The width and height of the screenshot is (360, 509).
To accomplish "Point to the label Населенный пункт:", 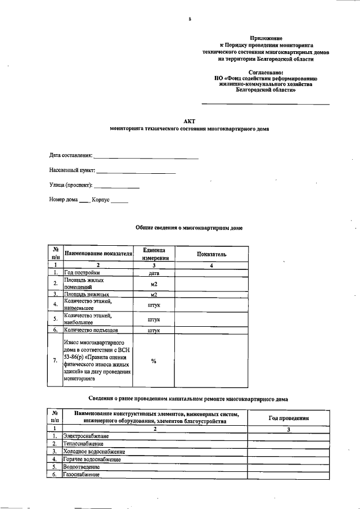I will coord(72,170).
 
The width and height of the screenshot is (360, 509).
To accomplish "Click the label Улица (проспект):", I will coord(70,185).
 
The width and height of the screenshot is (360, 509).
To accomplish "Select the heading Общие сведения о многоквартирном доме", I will coord(189,228).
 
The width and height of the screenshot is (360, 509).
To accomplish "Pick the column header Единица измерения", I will coord(154,254).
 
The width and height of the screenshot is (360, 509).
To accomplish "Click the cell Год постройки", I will coord(82,272).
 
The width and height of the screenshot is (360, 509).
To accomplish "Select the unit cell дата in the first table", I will coord(154,272).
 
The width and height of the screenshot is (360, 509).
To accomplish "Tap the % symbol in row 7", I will coord(154,361).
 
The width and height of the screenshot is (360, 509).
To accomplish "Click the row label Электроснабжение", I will coord(86,436).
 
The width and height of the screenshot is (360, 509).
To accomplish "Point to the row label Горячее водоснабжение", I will coord(92,460).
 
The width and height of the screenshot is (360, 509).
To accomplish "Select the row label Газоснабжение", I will coord(82,475).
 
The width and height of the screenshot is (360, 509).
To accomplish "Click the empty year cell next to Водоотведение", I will coord(287,467).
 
